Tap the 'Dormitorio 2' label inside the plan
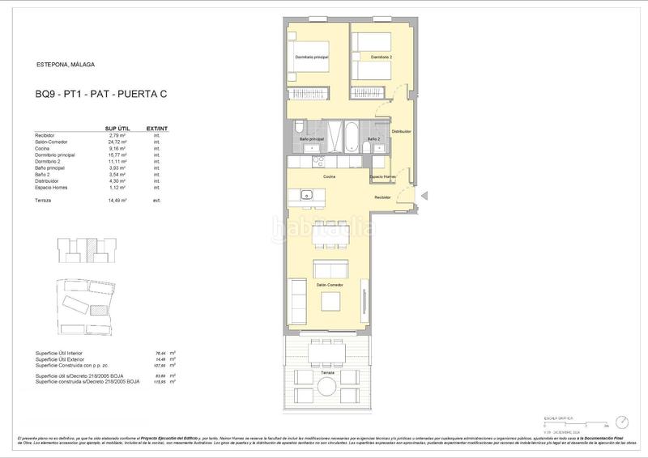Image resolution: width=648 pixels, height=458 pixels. coord(381,57)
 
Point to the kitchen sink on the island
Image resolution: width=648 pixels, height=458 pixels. coord(307,194)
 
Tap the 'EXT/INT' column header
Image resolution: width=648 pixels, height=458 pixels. coord(157,128)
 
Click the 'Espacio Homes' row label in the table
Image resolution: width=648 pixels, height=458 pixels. coord(50,188)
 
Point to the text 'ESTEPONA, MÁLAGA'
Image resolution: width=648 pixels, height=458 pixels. coord(66,64)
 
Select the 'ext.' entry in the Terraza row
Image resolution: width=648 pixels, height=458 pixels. coord(157,199)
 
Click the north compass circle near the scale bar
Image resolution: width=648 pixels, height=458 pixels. coord(621,422)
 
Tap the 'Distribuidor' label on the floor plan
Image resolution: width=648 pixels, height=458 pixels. coord(402,130)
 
